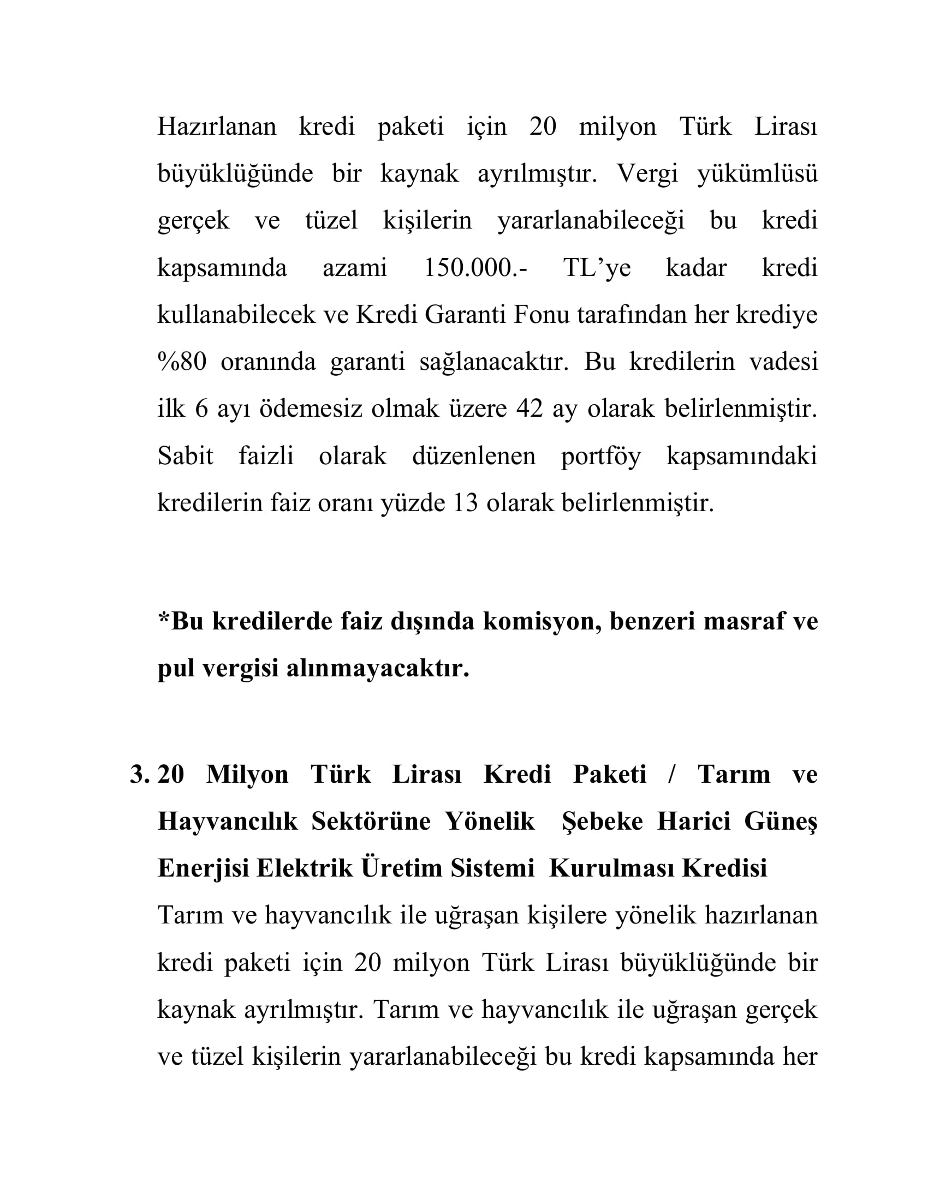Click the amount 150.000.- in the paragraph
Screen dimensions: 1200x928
click(x=475, y=268)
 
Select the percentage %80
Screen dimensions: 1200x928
click(x=182, y=362)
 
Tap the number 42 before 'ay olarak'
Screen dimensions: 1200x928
click(x=530, y=409)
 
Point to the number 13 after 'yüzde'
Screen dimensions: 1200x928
click(x=466, y=503)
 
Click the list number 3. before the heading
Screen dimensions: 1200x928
click(x=139, y=774)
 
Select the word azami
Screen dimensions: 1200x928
click(x=355, y=268)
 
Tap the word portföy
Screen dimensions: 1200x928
click(x=600, y=457)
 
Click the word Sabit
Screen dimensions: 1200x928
click(x=185, y=456)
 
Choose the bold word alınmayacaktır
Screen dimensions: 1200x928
click(x=378, y=669)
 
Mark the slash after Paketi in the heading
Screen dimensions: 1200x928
click(x=671, y=774)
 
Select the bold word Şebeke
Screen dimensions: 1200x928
click(x=602, y=821)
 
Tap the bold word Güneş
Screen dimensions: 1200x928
click(x=781, y=822)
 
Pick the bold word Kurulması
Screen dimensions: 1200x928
click(x=611, y=869)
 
